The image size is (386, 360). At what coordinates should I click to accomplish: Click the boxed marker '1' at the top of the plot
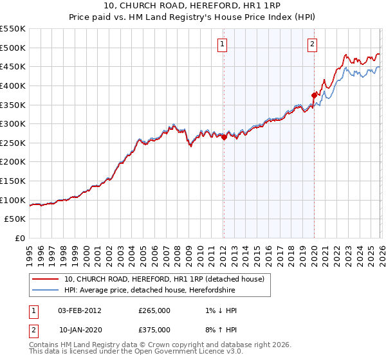coord(222,44)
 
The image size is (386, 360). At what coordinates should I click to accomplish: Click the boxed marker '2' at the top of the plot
coord(312,44)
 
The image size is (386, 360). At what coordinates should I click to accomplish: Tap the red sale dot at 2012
coord(224,136)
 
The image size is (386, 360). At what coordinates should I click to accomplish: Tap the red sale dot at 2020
coord(314,95)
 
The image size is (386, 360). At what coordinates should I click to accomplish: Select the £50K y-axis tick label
coord(15,219)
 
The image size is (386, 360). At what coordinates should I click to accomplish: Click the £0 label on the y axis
coord(19,238)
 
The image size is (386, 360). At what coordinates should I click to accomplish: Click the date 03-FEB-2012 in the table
coord(80,310)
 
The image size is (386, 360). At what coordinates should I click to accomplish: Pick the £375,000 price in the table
coord(154,330)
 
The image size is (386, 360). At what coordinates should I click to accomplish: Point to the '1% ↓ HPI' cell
coord(219,310)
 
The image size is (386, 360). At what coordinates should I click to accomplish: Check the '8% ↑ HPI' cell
coord(219,330)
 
